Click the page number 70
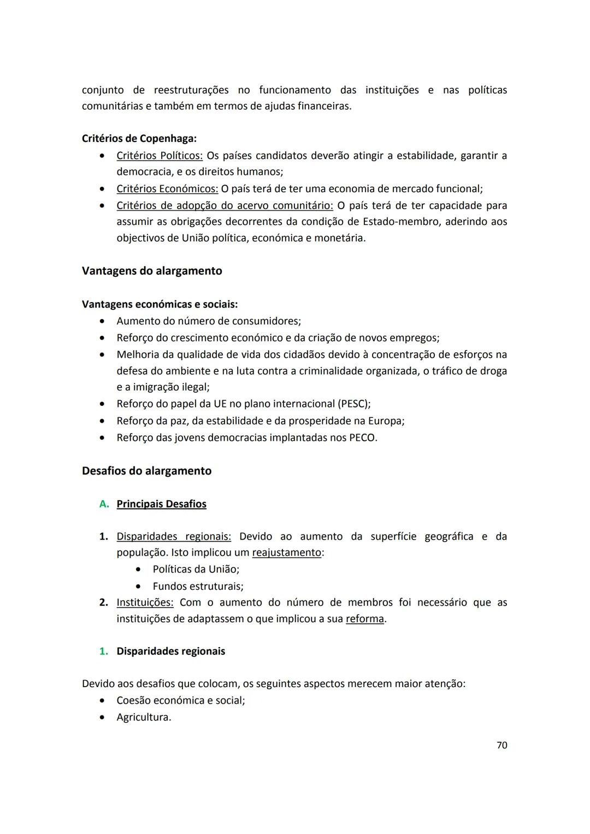click(501, 745)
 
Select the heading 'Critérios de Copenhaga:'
click(139, 139)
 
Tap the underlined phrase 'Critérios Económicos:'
click(167, 189)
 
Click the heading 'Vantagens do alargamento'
click(152, 271)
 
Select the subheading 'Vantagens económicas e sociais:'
click(160, 304)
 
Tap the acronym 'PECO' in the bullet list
click(362, 438)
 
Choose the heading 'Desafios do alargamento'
click(146, 471)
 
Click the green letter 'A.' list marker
click(104, 504)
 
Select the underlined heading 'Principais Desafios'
click(161, 504)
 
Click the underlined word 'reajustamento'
click(286, 553)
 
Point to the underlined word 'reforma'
click(365, 619)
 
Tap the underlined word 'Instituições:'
click(145, 602)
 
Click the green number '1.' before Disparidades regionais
click(103, 652)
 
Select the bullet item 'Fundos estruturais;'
click(198, 587)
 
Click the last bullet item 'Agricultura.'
click(144, 717)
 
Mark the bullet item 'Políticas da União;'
click(196, 570)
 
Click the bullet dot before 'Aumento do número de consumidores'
click(102, 321)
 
